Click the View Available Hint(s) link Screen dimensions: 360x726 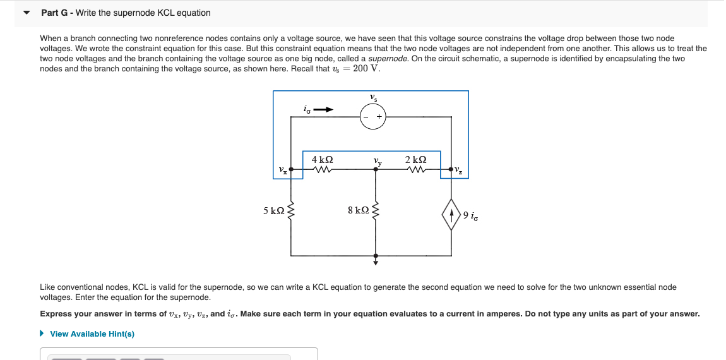92,333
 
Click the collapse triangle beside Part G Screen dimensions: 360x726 27,13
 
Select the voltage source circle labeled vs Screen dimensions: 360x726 373,117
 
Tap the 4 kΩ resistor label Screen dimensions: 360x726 323,160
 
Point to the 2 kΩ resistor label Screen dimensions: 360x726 415,160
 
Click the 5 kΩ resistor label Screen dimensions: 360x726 273,210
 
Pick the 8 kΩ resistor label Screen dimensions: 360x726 358,210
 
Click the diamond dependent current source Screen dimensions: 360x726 451,215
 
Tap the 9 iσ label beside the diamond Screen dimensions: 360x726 472,215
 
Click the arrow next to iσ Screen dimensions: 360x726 323,110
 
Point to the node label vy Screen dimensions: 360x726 378,161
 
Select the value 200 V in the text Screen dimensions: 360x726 367,68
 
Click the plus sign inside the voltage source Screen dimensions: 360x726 379,117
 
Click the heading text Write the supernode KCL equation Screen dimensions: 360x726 143,13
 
